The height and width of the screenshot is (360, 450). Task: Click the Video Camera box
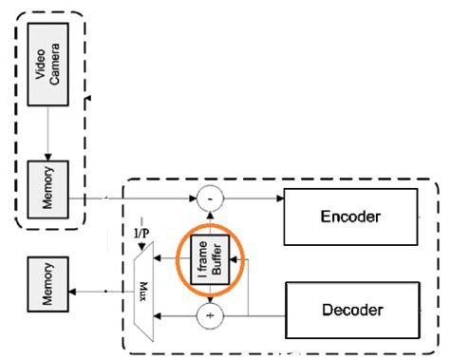point(47,59)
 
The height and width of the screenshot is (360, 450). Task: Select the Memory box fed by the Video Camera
point(47,175)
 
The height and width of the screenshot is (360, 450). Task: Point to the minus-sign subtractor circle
point(210,199)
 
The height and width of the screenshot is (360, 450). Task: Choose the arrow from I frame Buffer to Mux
point(171,256)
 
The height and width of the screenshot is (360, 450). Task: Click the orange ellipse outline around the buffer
point(244,256)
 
